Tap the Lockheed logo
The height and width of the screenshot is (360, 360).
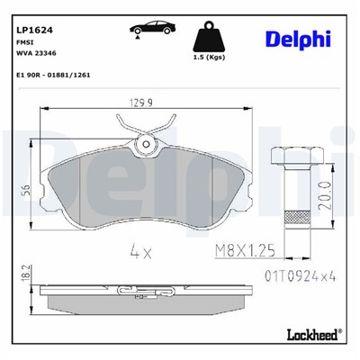click(x=310, y=335)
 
